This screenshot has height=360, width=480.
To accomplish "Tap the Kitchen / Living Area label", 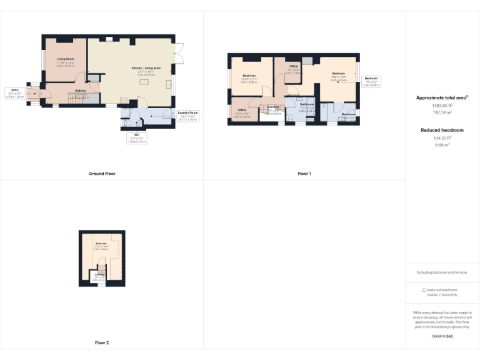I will pyautogui.click(x=141, y=69).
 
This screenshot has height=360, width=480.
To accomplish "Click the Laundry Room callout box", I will pyautogui.click(x=188, y=115).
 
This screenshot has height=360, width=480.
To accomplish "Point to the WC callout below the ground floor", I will pyautogui.click(x=136, y=138).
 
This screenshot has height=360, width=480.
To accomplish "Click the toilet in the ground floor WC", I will pyautogui.click(x=128, y=122).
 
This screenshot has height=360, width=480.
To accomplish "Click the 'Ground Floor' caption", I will pyautogui.click(x=101, y=173).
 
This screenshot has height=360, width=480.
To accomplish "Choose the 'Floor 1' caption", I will pyautogui.click(x=304, y=173).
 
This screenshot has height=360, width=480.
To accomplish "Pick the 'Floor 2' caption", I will pyautogui.click(x=101, y=342).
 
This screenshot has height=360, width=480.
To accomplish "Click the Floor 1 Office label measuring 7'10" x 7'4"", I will pyautogui.click(x=241, y=112).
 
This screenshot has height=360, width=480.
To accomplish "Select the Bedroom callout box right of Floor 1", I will pyautogui.click(x=371, y=81).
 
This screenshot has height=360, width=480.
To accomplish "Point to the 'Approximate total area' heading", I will pyautogui.click(x=442, y=98).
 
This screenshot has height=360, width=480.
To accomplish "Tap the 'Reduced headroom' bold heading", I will pyautogui.click(x=442, y=130).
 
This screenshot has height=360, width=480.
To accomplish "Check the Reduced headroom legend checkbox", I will pyautogui.click(x=424, y=290).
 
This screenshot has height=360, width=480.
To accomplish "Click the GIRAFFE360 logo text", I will pyautogui.click(x=442, y=337).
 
